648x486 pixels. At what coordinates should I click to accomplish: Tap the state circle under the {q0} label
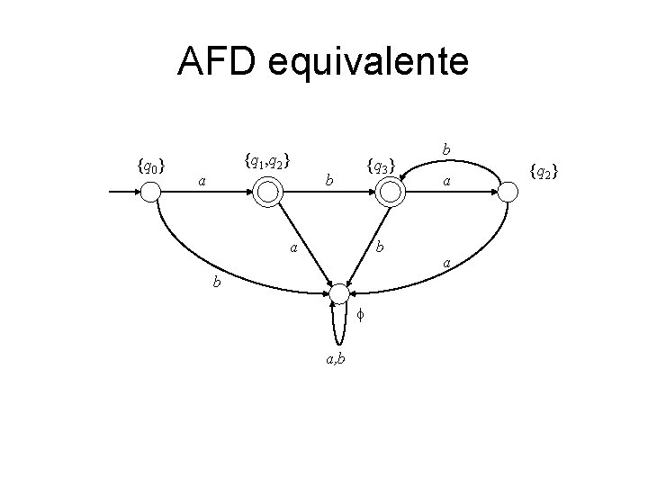pos(151,192)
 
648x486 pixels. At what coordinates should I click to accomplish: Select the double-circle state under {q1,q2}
pos(267,191)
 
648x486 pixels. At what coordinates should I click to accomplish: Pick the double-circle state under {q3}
pos(389,191)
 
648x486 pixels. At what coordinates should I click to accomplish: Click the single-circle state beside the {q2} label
pos(508,191)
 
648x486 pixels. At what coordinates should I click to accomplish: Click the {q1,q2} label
pos(266,162)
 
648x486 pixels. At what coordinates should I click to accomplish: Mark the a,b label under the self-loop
pos(339,360)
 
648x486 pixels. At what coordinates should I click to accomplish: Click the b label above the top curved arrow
pos(447,147)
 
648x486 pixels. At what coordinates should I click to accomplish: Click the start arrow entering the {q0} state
pos(124,192)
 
